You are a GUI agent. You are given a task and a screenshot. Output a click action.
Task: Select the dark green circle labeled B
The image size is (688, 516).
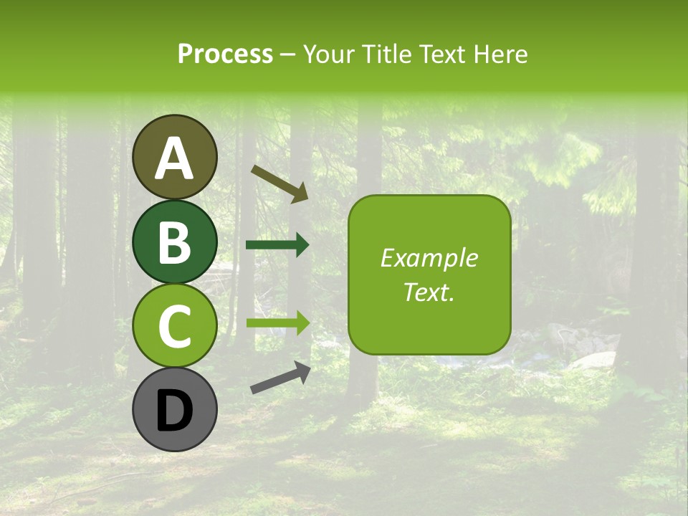(x=174, y=242)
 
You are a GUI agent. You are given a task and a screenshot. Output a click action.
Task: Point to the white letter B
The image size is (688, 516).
(x=174, y=242)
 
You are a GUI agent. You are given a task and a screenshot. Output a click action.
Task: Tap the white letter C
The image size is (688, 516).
(x=174, y=326)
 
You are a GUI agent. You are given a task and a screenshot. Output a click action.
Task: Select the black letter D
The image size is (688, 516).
(x=174, y=411)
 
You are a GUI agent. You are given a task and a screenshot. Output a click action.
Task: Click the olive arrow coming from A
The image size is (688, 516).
(x=279, y=183)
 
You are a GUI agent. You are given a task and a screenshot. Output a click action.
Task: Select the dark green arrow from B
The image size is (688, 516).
(x=277, y=245)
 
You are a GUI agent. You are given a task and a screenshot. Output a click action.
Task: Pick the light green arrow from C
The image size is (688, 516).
(x=277, y=323)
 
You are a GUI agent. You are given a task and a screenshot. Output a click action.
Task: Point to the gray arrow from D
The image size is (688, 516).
(x=280, y=378)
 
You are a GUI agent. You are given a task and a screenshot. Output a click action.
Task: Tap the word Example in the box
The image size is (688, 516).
(x=429, y=258)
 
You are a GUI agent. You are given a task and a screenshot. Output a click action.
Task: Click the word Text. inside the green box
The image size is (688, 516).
(x=429, y=292)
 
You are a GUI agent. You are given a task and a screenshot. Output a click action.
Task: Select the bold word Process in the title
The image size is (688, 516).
(x=225, y=54)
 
